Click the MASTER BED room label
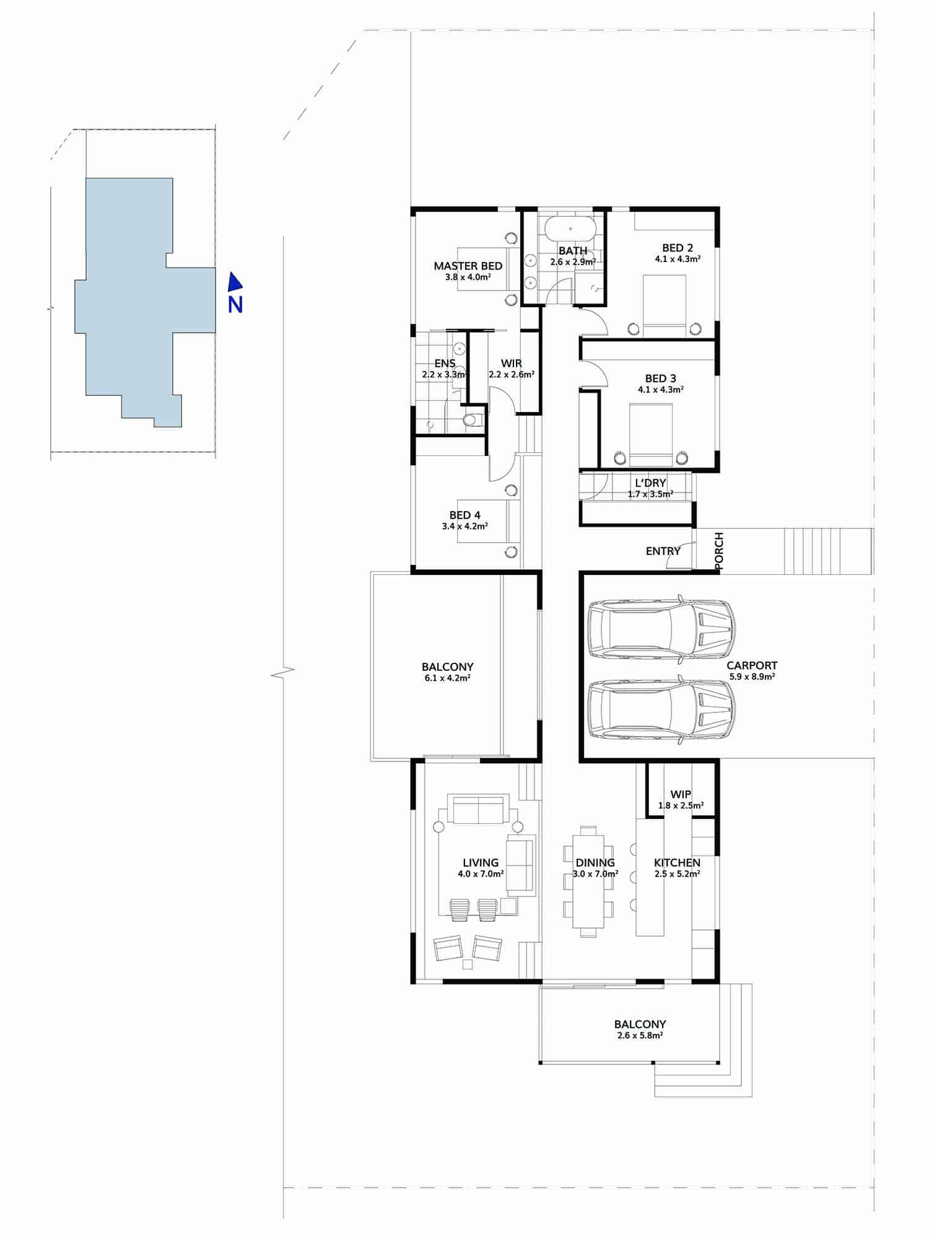tap(468, 266)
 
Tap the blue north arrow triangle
tap(235, 282)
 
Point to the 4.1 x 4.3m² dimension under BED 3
tap(660, 390)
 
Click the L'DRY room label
tap(650, 483)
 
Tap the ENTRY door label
tap(663, 551)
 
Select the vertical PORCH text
tap(718, 550)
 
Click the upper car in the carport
tap(661, 630)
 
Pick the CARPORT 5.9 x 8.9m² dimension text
tap(752, 677)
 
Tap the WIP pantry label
tap(681, 795)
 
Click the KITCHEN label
tap(677, 862)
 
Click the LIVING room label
tap(481, 862)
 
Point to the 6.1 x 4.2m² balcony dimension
tap(447, 678)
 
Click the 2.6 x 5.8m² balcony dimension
tap(640, 1035)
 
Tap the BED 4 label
tap(464, 515)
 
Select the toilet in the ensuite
tap(473, 421)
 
